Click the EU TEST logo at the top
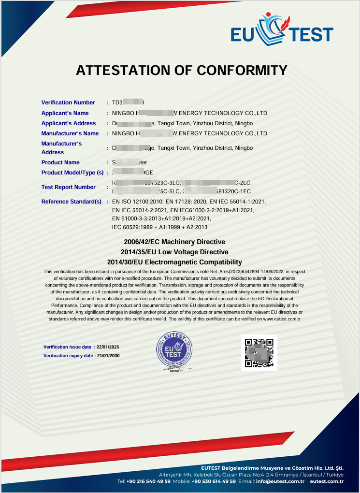point(282,29)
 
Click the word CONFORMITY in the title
point(242,71)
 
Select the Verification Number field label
point(68,102)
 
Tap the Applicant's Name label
point(65,113)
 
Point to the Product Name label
point(60,162)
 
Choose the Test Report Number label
point(68,187)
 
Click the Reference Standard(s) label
point(72,202)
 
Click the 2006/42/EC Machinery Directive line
point(174,242)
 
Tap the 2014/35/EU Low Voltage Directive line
point(174,252)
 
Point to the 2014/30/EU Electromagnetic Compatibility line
point(174,262)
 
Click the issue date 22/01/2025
point(108,347)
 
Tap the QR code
point(259,352)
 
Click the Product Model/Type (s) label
point(72,173)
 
